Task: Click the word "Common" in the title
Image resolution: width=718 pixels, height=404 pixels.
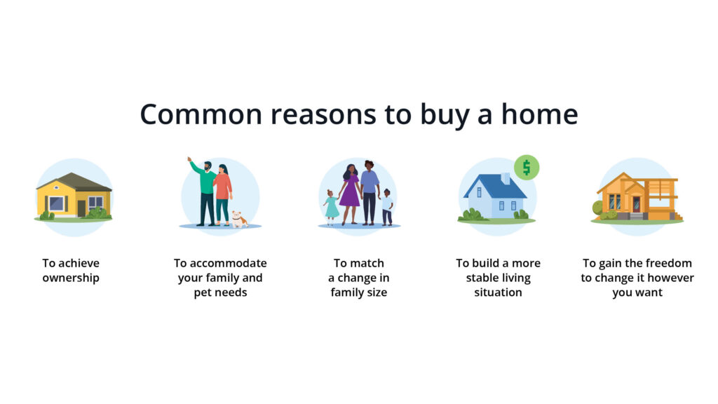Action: (201, 114)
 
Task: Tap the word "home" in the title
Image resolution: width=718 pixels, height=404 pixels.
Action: (540, 114)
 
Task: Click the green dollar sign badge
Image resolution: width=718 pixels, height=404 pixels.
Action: (527, 167)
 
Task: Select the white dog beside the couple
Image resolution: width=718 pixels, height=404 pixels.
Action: (240, 219)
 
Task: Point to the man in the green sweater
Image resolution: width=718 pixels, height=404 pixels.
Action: (205, 192)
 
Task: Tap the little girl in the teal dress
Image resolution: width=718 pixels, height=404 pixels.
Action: (331, 207)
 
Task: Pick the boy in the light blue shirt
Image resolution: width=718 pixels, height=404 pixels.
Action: (387, 207)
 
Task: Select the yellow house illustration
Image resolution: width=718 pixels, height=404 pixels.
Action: (74, 197)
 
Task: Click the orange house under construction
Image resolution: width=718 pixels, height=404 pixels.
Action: (637, 197)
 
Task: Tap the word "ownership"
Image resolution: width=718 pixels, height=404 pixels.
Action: (71, 278)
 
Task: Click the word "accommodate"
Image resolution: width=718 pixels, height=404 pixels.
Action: (228, 264)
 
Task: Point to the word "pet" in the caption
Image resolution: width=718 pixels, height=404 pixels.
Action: (202, 293)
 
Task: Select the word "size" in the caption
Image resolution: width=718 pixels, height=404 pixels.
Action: (377, 292)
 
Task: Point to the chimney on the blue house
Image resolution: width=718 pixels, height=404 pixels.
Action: (506, 178)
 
